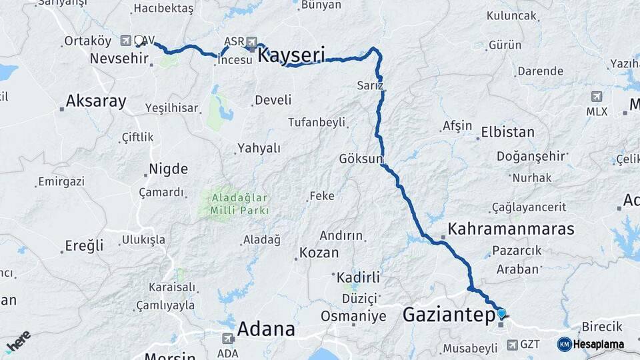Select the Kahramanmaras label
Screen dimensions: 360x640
coord(511,229)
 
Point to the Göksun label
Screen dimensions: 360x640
coord(361,159)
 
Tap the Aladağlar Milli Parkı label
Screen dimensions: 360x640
coord(239,204)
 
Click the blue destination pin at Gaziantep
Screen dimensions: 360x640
coord(501,312)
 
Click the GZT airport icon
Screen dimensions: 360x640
coord(512,345)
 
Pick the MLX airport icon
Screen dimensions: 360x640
coord(596,97)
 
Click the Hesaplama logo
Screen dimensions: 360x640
coord(591,344)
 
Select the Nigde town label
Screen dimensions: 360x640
coord(168,169)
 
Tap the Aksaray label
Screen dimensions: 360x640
coord(95,102)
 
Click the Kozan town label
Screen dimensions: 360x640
coord(319,253)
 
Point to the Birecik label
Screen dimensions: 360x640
coord(602,327)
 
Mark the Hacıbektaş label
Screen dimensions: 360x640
coord(163,9)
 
